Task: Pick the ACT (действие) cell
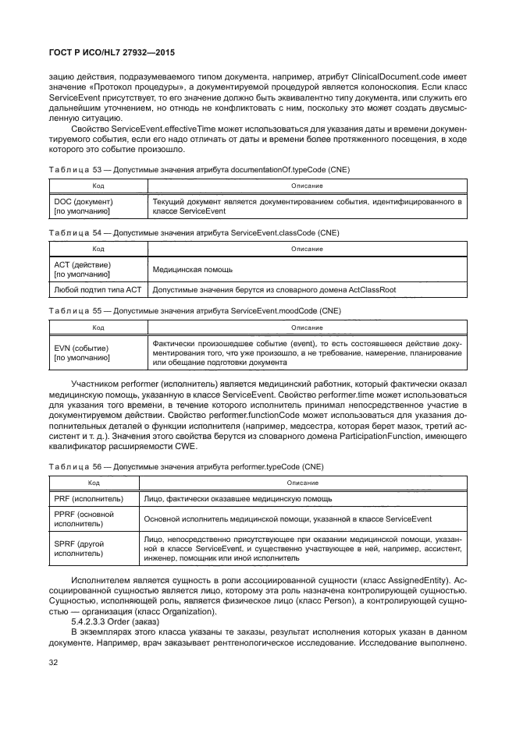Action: pyautogui.click(x=82, y=270)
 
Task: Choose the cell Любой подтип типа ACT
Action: pyautogui.click(x=97, y=289)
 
